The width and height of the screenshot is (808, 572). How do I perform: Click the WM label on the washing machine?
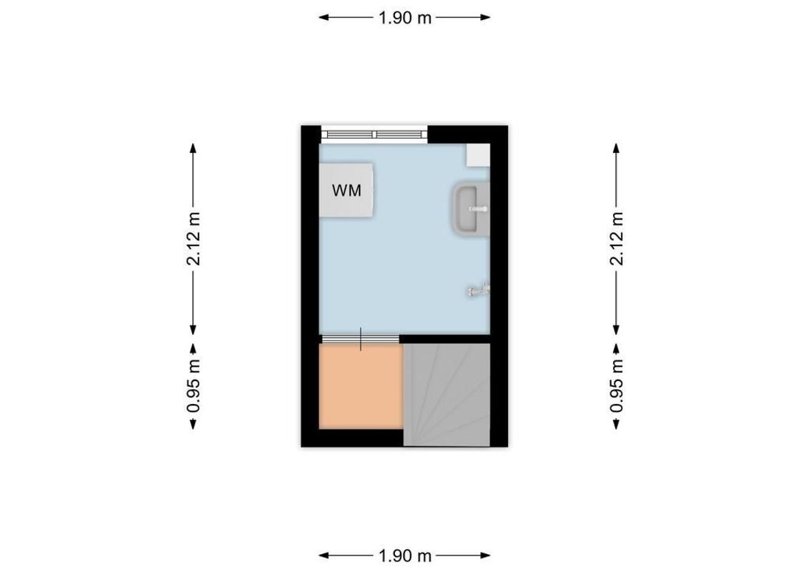click(346, 190)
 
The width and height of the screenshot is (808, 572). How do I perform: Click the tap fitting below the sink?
click(478, 290)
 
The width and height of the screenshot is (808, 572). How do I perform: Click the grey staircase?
click(447, 394)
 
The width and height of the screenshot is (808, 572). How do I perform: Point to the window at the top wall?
click(374, 133)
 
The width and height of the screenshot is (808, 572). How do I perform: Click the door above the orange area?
click(359, 338)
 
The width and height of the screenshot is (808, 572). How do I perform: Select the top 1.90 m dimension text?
click(405, 18)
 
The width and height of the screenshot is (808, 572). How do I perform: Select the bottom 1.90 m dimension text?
click(405, 556)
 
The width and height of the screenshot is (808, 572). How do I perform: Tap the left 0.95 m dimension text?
click(193, 386)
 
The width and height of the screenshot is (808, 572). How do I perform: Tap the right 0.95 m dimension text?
click(617, 386)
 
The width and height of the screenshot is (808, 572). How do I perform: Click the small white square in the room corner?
click(477, 153)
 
